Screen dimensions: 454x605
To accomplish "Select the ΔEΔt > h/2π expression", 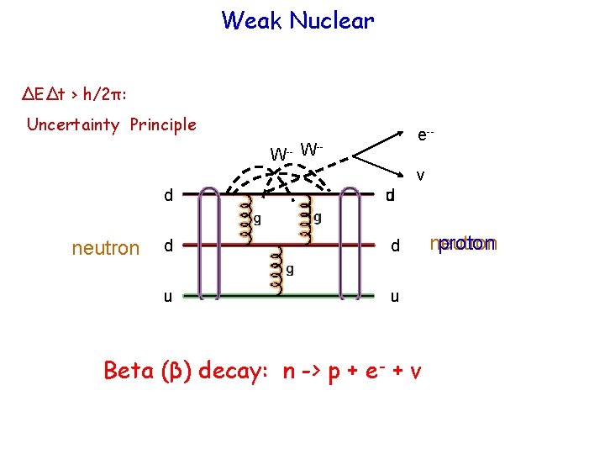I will coord(74,94).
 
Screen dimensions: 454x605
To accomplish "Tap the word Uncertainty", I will coord(76,125).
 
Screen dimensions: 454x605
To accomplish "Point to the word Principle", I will coord(163,125).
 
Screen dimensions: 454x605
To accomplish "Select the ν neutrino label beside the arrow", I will coord(421,176).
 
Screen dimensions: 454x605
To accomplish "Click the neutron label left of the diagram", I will coord(106,248).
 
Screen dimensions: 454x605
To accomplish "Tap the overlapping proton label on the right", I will coord(464,245).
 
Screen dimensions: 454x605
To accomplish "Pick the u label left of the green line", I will coord(169,297).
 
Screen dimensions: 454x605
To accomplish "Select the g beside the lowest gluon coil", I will coord(290,270).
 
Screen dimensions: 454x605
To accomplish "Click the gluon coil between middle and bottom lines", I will coord(275,271).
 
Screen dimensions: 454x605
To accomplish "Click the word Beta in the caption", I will coord(129,371).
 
